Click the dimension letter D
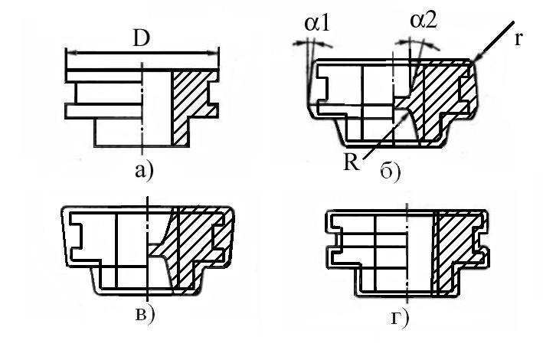(x=142, y=39)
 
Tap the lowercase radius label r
(x=519, y=39)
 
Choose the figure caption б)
(x=391, y=172)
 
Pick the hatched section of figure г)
(x=452, y=253)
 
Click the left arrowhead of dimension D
(x=68, y=53)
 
